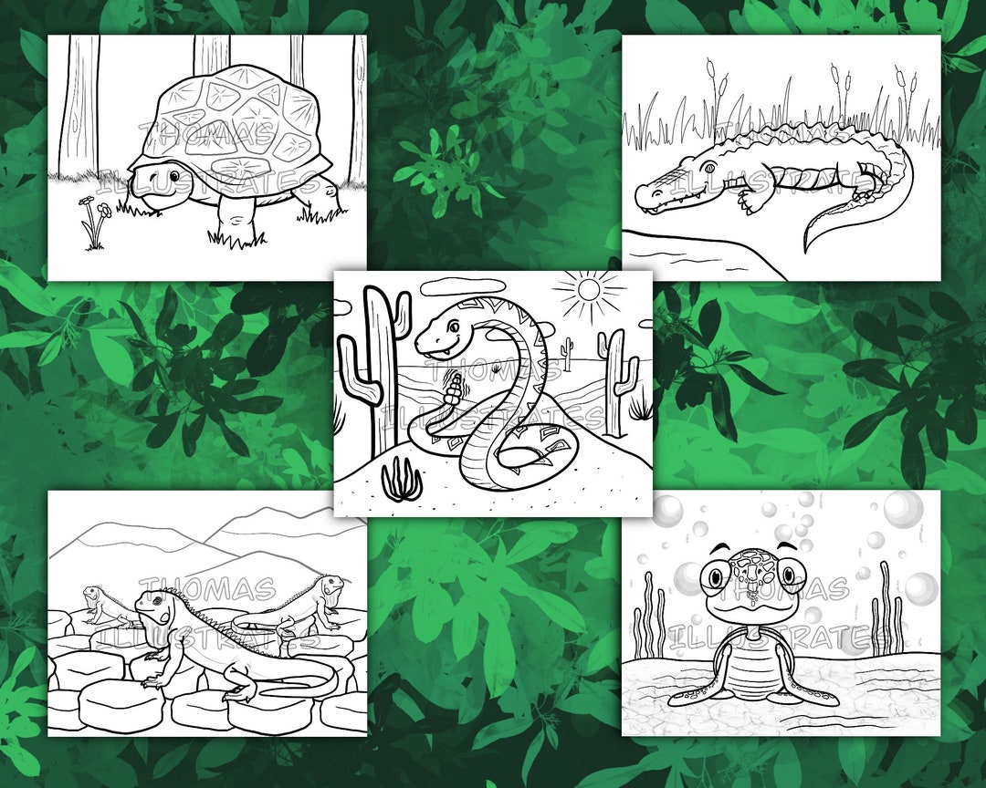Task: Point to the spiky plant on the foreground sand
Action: [398, 480]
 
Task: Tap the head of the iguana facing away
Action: [330, 584]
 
